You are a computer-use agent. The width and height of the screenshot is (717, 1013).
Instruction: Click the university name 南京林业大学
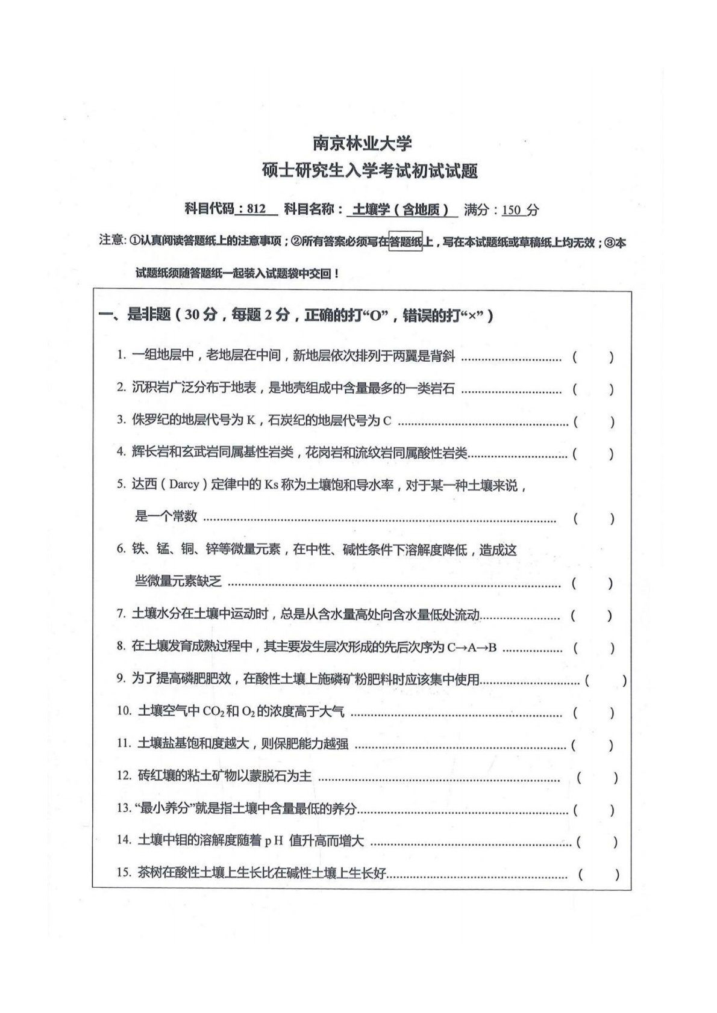[x=362, y=143]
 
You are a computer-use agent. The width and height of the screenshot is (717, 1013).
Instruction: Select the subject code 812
[x=256, y=209]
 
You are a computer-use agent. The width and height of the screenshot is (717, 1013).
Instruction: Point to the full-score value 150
[x=511, y=210]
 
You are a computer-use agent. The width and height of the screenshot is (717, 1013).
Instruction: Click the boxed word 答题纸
[x=405, y=242]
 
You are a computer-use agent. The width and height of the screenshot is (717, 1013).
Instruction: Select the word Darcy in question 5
[x=184, y=485]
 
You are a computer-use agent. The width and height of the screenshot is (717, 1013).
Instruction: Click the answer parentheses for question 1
[x=593, y=357]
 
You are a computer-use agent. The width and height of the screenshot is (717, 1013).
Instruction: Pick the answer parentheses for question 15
[x=598, y=874]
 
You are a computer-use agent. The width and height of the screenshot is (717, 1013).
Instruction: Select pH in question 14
[x=274, y=841]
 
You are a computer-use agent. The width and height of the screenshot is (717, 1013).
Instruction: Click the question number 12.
[x=124, y=776]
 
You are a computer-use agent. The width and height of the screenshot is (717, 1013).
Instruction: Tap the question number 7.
[x=121, y=615]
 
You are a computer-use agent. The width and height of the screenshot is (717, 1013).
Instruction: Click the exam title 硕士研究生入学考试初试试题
[x=370, y=172]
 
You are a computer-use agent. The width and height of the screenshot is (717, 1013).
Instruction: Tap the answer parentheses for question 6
[x=592, y=583]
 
